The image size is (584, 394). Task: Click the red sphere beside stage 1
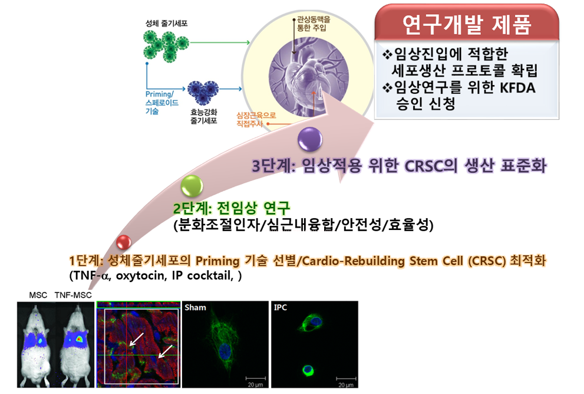tap(124, 242)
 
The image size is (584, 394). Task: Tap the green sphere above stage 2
tap(192, 186)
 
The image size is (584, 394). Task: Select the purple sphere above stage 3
tap(310, 139)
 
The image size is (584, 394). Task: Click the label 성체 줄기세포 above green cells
tap(167, 23)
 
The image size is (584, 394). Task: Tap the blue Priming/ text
tap(160, 94)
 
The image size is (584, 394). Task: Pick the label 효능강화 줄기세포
tap(204, 116)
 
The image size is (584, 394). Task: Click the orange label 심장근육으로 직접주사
tap(256, 119)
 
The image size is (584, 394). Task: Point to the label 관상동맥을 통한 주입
tap(314, 24)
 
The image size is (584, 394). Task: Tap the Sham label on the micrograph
tap(195, 307)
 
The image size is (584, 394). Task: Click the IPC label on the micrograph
tap(281, 307)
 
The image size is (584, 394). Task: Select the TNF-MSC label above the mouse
tap(73, 295)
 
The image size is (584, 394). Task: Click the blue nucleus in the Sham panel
tap(225, 351)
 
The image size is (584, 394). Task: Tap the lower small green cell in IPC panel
tap(308, 370)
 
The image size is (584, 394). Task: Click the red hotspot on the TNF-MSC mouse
tap(78, 339)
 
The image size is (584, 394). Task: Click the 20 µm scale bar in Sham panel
tap(256, 378)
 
